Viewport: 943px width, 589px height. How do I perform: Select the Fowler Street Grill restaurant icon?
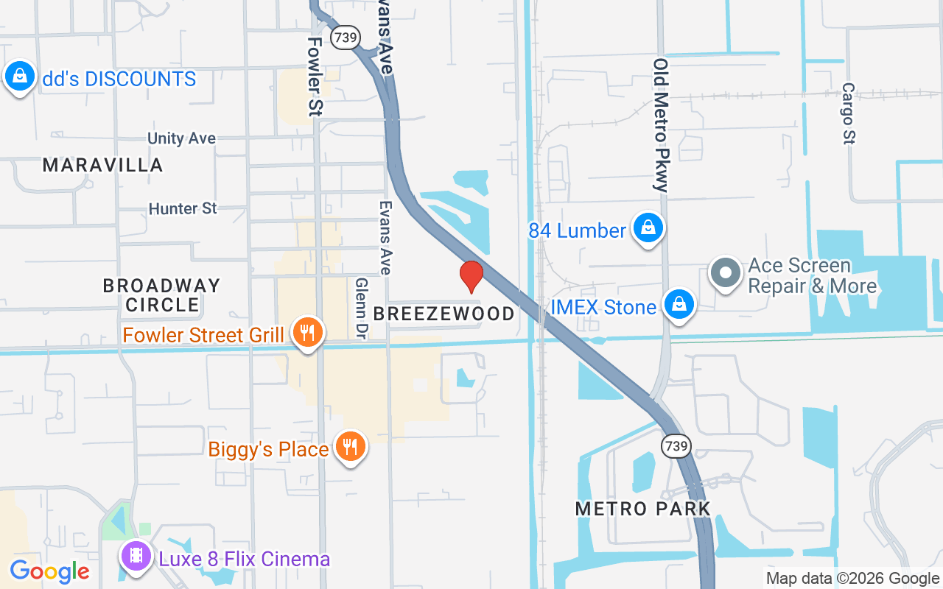click(307, 334)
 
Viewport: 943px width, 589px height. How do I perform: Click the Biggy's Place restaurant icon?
click(351, 447)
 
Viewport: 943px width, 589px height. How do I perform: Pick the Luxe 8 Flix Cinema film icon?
click(136, 556)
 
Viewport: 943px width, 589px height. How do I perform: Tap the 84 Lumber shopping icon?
click(648, 228)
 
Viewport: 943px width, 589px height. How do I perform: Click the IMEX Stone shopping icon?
click(679, 304)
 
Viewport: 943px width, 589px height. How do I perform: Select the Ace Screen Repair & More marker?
click(726, 272)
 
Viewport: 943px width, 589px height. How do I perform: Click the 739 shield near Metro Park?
click(675, 445)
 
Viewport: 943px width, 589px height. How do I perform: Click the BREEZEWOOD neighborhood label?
click(444, 314)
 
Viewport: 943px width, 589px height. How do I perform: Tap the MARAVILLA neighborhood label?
click(102, 165)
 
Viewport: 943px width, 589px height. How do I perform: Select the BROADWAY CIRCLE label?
click(161, 294)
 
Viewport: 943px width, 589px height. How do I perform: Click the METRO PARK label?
click(643, 508)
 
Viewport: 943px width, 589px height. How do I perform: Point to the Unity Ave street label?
click(181, 138)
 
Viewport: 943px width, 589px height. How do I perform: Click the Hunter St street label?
click(183, 208)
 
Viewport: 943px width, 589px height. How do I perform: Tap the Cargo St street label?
click(848, 113)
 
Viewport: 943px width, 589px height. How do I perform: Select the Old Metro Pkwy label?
click(660, 125)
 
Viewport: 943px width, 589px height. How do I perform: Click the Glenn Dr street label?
click(361, 308)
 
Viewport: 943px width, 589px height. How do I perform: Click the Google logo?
click(49, 571)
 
